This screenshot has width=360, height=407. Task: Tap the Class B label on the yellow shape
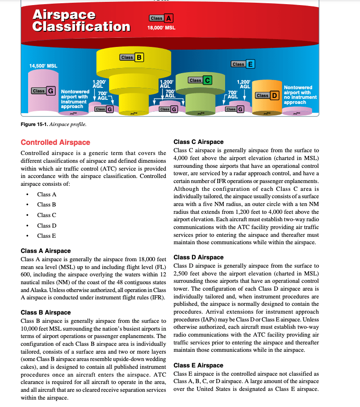pos(132,57)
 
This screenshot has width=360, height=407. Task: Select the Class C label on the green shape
pos(200,80)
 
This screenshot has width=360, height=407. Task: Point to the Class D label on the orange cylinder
pos(267,95)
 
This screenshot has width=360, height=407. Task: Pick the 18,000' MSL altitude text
pos(161,28)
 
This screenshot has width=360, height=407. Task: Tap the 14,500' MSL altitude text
pos(43,66)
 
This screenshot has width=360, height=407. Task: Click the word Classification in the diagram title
pos(81,26)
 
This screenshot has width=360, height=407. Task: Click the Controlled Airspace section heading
pos(56,143)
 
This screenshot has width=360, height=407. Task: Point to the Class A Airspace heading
pos(46,251)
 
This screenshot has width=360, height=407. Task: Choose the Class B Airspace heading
pos(46,313)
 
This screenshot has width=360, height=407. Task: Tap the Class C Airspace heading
pos(198,142)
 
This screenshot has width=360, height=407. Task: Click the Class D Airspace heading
pos(198,258)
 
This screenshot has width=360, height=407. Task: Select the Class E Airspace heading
pos(198,365)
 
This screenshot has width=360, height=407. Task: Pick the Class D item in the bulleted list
pos(47,226)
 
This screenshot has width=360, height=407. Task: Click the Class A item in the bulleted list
pos(47,195)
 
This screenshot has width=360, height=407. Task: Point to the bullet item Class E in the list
pos(47,236)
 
